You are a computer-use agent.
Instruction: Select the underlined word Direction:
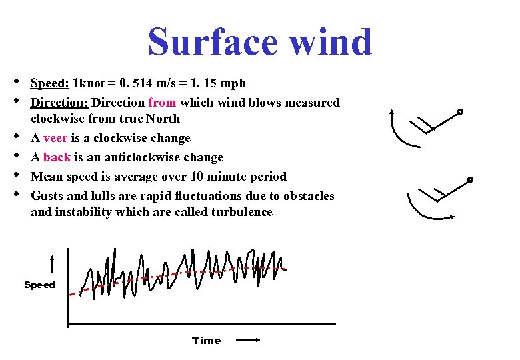[x=60, y=103]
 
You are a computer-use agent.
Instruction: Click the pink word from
[x=162, y=103]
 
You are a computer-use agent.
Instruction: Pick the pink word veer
[x=55, y=138]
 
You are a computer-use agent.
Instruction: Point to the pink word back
[x=57, y=157]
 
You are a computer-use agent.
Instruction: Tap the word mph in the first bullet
[x=233, y=83]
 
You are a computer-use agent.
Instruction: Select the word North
[x=163, y=119]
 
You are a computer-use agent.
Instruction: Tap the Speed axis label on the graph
[x=40, y=285]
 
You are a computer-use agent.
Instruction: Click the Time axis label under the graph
[x=206, y=340]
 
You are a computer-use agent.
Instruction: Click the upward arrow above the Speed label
[x=51, y=263]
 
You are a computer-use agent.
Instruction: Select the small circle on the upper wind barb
[x=460, y=111]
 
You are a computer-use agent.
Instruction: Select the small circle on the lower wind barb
[x=470, y=179]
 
